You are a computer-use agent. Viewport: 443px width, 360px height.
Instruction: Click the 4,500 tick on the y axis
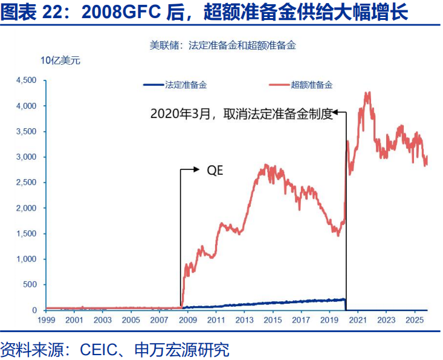click(x=27, y=80)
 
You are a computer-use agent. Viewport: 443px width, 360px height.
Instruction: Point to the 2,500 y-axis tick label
click(x=27, y=183)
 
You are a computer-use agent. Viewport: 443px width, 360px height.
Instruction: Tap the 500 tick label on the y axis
click(x=30, y=285)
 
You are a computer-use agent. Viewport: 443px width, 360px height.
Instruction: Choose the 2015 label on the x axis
click(x=273, y=319)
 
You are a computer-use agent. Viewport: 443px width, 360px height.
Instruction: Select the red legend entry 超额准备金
click(x=311, y=85)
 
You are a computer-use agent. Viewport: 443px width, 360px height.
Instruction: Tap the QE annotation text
click(x=215, y=171)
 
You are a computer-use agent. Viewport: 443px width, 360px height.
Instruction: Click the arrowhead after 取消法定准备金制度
click(x=339, y=112)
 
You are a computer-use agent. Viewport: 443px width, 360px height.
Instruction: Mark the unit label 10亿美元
click(x=60, y=60)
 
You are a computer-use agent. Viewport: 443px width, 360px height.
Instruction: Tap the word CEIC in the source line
click(x=100, y=349)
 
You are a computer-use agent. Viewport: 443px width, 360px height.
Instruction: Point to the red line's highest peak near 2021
click(x=366, y=93)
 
